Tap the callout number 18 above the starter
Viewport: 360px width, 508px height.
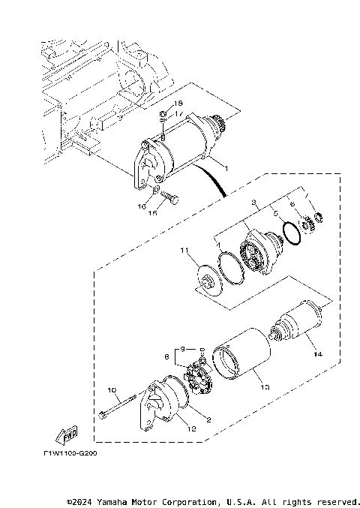point(178,103)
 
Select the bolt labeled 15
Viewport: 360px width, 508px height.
point(169,200)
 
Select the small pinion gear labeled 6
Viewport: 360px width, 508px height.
point(307,224)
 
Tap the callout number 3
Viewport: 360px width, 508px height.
point(254,203)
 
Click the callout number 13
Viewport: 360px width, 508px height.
point(262,387)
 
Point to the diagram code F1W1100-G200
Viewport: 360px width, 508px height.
point(70,453)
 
